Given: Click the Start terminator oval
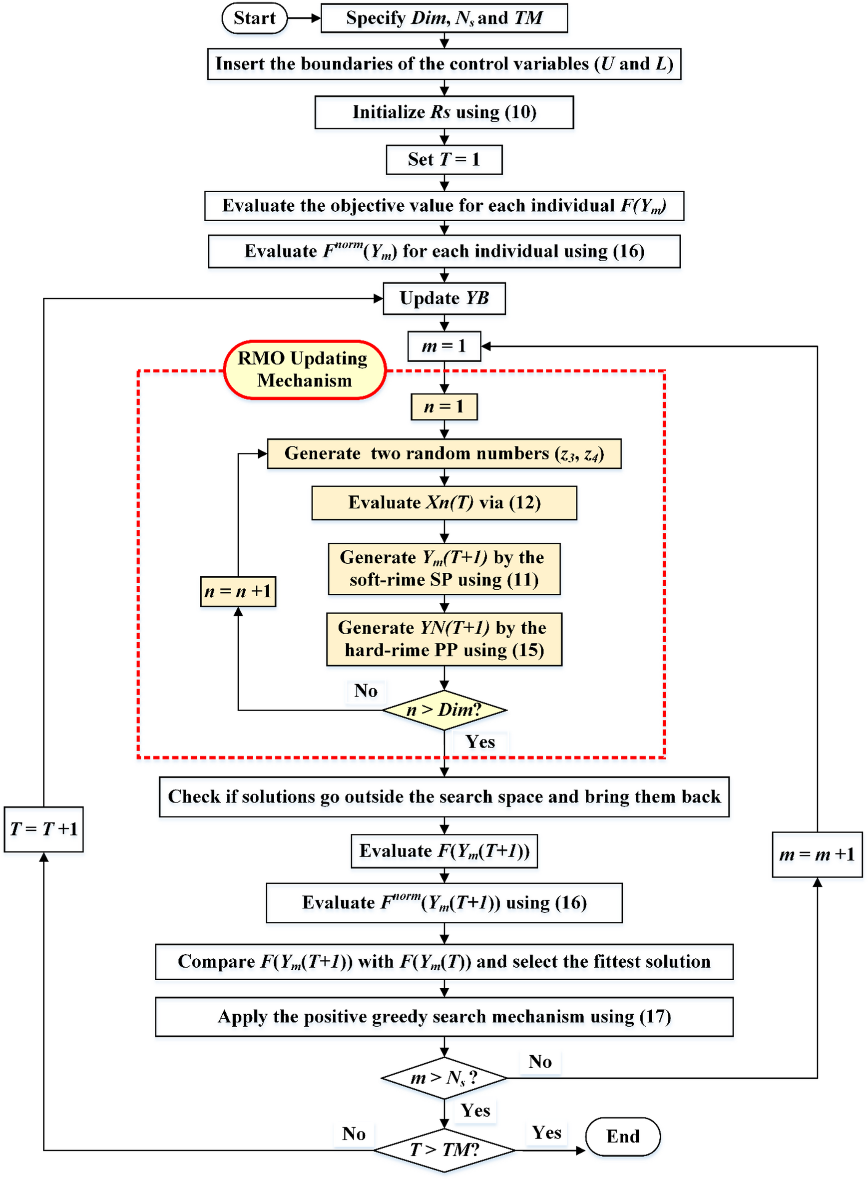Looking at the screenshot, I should point(254,18).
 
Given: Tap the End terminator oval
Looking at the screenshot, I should point(623,1136).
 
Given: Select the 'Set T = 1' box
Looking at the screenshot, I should point(444,159).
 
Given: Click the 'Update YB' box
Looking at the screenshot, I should point(444,299).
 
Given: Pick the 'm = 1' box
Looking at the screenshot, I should point(444,346).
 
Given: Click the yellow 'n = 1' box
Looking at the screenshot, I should point(444,406).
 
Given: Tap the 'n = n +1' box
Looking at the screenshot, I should point(238,592).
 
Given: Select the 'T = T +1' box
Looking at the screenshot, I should point(43,829).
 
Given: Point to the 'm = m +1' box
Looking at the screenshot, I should point(817,854).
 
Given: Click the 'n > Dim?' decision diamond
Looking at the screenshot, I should point(444,710).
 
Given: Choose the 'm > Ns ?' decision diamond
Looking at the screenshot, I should point(444,1078).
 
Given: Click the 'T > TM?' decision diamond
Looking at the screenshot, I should point(444,1150).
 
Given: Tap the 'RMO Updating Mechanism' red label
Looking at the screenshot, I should point(305,370).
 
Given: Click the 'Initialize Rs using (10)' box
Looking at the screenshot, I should point(444,112).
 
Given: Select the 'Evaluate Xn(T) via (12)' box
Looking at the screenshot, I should point(444,503).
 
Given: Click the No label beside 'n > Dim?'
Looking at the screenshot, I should point(366,690).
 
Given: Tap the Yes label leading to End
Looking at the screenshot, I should point(546,1132).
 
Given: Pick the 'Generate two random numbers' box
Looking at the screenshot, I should point(444,453).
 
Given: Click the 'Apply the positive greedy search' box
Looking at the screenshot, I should point(444,1017).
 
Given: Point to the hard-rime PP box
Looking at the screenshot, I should point(444,639).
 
